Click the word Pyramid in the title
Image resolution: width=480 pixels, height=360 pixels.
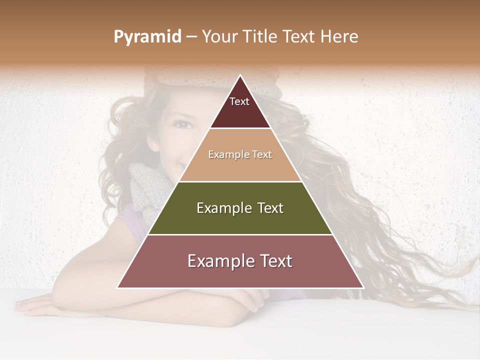(147, 37)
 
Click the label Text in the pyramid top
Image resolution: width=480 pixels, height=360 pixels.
(239, 102)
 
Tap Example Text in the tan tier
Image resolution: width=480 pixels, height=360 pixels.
(240, 155)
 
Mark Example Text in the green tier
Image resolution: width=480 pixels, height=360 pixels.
(240, 208)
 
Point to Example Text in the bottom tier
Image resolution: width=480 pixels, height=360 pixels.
(240, 261)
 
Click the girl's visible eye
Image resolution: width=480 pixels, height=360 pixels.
(183, 124)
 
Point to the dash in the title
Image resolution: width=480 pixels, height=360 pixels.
(191, 37)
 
